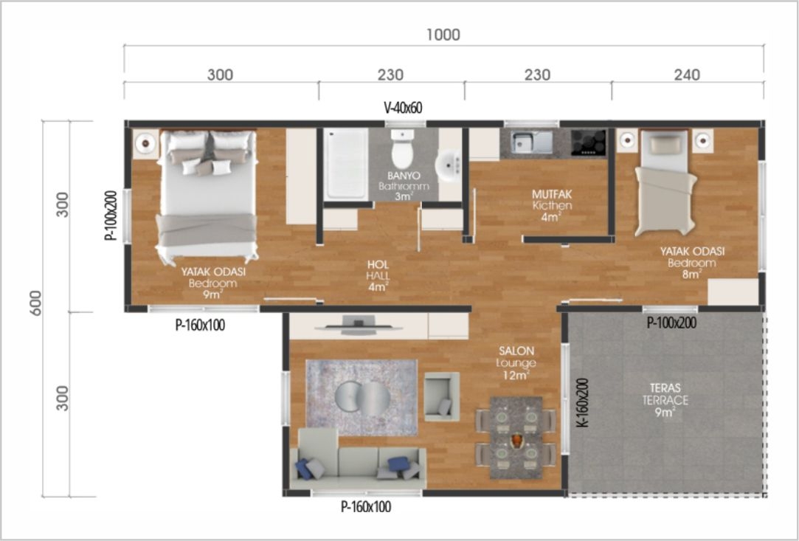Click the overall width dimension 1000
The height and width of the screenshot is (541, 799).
coord(443,35)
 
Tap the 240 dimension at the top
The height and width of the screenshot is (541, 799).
coord(687,75)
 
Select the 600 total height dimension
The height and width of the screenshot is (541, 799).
coord(35,303)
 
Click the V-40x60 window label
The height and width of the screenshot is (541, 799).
coord(403,108)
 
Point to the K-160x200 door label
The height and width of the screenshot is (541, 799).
coord(584,402)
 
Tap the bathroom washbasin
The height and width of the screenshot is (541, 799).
coord(449,165)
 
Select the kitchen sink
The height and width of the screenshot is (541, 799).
coord(531,142)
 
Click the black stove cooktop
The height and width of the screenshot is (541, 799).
coord(589,142)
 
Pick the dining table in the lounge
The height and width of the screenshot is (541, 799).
coord(516,438)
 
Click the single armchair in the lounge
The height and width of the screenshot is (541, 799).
coord(442,396)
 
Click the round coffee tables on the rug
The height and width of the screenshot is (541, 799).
coord(363,398)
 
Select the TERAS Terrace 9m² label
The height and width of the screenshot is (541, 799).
coord(665,400)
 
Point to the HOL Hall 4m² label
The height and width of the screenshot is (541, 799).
coord(378,276)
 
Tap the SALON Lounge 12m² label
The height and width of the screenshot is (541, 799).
coord(516,363)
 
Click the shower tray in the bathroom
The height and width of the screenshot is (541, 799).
coord(346,164)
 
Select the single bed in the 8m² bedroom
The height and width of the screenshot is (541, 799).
coord(665,183)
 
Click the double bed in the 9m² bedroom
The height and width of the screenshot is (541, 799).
coord(207,196)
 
